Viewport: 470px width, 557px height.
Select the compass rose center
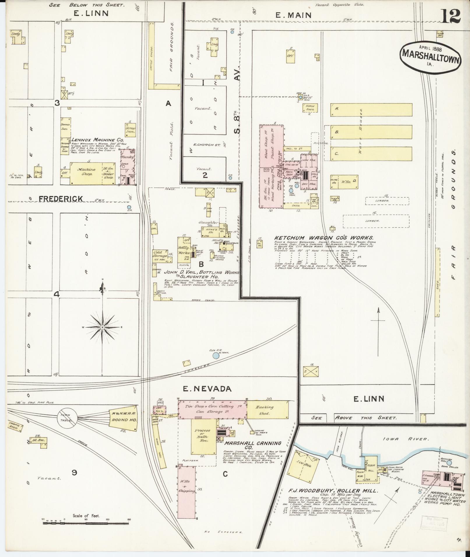102,328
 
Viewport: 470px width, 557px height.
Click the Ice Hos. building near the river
303,465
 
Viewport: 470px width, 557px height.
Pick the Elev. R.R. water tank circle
216,356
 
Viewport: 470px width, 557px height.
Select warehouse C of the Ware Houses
371,154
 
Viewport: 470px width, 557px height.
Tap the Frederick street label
61,199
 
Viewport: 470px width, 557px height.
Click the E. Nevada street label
207,389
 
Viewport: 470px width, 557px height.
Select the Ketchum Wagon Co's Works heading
323,238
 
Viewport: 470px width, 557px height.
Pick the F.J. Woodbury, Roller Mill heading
333,490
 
